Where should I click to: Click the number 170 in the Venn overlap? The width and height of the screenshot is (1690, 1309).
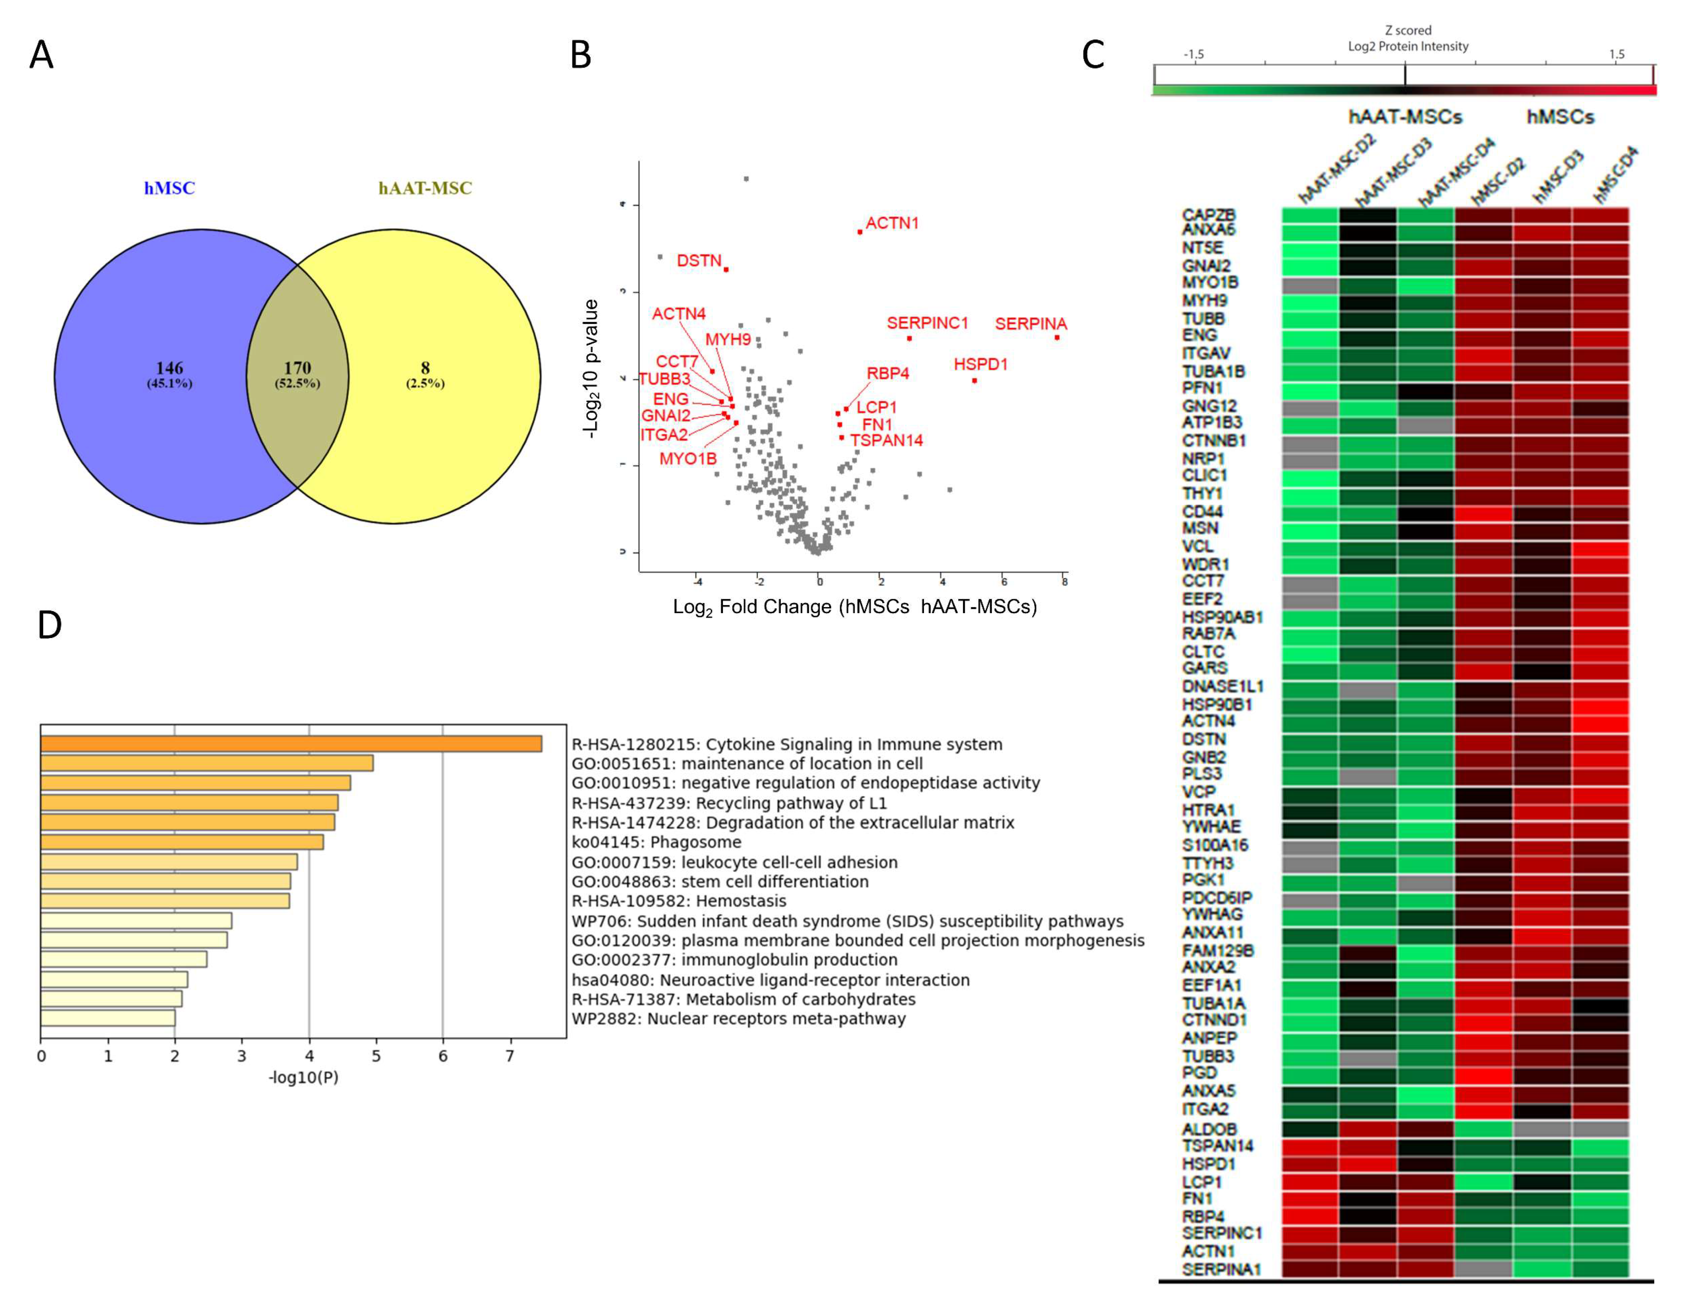(x=297, y=368)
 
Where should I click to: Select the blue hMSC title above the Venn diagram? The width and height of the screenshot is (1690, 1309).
(x=169, y=188)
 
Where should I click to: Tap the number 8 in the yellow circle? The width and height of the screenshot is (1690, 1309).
(x=425, y=368)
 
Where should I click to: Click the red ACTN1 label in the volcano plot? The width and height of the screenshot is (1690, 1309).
(x=892, y=223)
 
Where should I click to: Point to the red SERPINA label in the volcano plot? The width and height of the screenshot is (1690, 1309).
(x=1031, y=324)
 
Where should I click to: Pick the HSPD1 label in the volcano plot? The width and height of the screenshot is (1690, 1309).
(x=981, y=364)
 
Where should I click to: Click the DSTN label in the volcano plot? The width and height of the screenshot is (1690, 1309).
(x=699, y=261)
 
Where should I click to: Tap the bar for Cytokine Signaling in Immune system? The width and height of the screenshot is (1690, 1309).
(x=291, y=744)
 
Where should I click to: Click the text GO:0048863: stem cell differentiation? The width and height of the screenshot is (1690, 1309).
(x=720, y=882)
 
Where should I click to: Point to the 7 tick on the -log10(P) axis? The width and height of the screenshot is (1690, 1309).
(x=509, y=1056)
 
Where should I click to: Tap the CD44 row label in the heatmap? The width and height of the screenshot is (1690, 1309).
(x=1202, y=512)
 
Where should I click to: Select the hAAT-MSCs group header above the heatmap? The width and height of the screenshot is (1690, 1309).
(x=1405, y=117)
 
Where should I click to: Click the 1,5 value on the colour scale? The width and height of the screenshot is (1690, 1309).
(x=1616, y=54)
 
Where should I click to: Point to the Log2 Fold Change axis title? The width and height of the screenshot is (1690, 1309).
(x=854, y=607)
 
